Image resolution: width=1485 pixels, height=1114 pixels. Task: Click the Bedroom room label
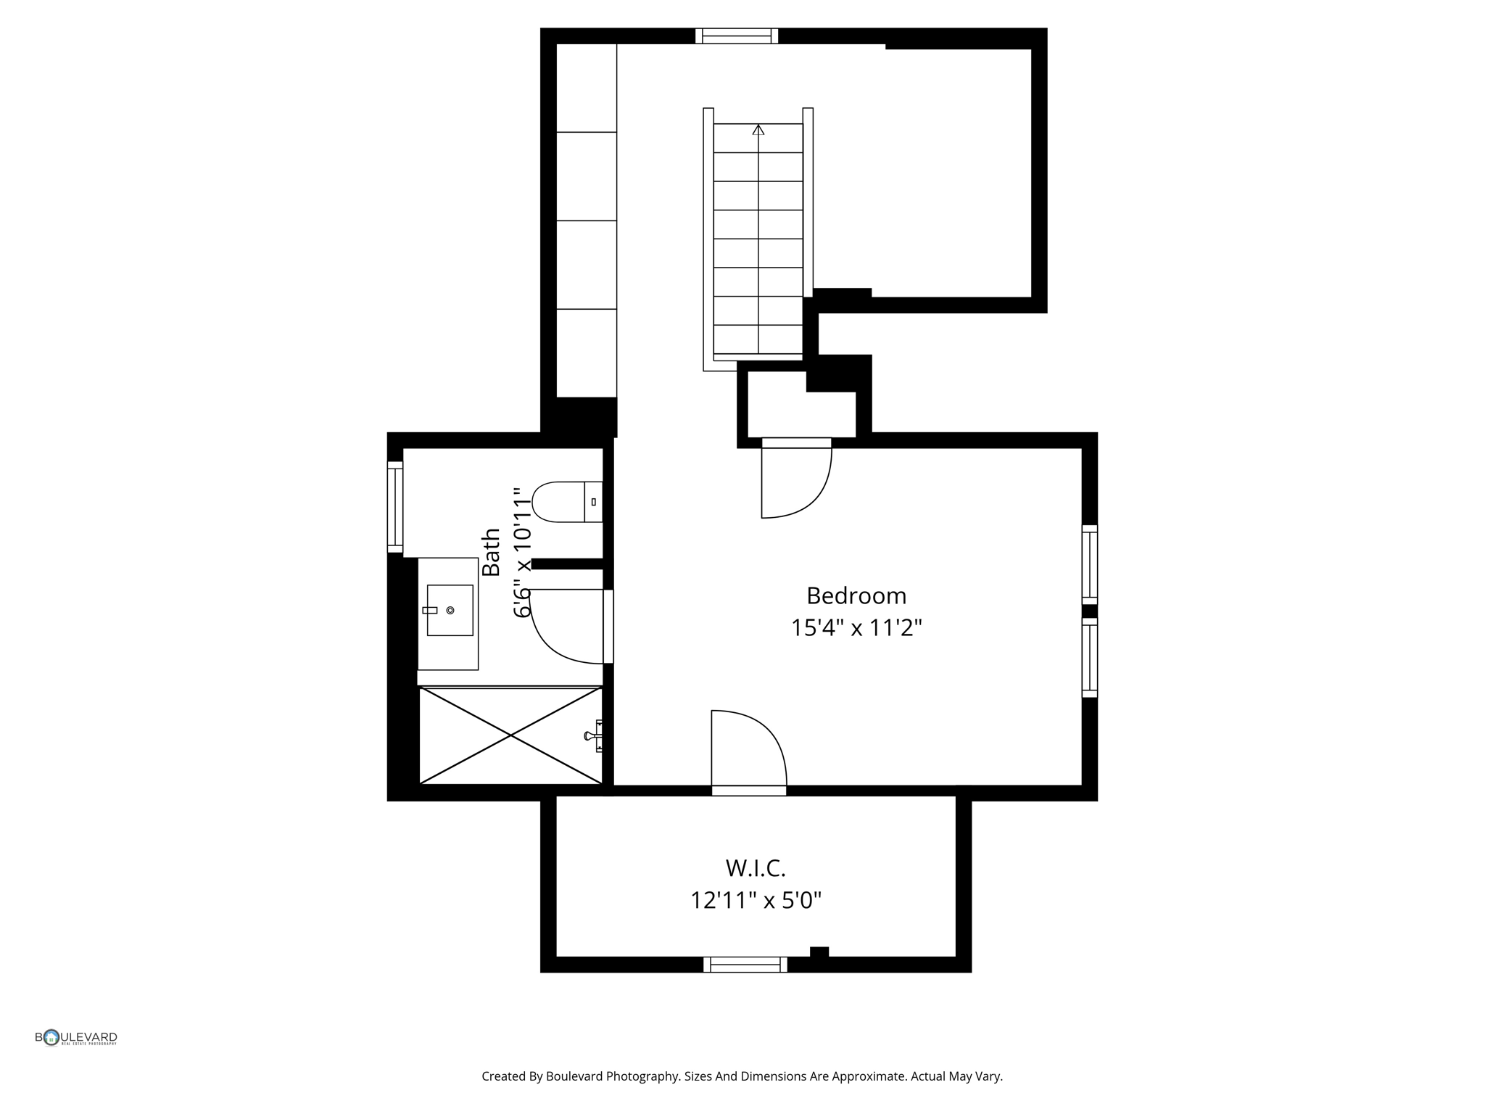tap(856, 596)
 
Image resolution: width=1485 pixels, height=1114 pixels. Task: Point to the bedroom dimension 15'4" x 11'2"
tap(856, 628)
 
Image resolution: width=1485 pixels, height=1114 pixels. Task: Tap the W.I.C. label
tap(756, 868)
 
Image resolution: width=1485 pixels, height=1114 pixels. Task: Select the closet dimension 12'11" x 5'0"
tap(756, 901)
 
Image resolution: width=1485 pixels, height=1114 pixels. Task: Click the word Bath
tap(492, 553)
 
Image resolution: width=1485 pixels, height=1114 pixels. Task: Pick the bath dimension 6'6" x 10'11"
tap(522, 553)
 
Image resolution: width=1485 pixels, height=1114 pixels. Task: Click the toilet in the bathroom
tap(566, 502)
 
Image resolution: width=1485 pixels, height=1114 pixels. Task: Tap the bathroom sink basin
tap(450, 611)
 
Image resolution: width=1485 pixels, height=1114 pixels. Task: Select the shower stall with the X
tap(510, 735)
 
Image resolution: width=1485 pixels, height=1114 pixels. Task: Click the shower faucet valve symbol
tap(593, 735)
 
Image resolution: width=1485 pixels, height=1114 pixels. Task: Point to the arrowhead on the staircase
tap(758, 130)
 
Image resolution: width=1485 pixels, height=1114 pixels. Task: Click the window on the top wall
tap(736, 36)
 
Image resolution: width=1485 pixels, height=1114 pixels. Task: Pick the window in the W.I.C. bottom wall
tap(745, 965)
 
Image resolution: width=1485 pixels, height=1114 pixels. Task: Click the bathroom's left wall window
tap(395, 506)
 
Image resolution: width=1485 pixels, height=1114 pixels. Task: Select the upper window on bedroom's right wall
tap(1089, 564)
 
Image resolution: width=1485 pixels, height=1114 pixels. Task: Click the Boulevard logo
tap(75, 1038)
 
